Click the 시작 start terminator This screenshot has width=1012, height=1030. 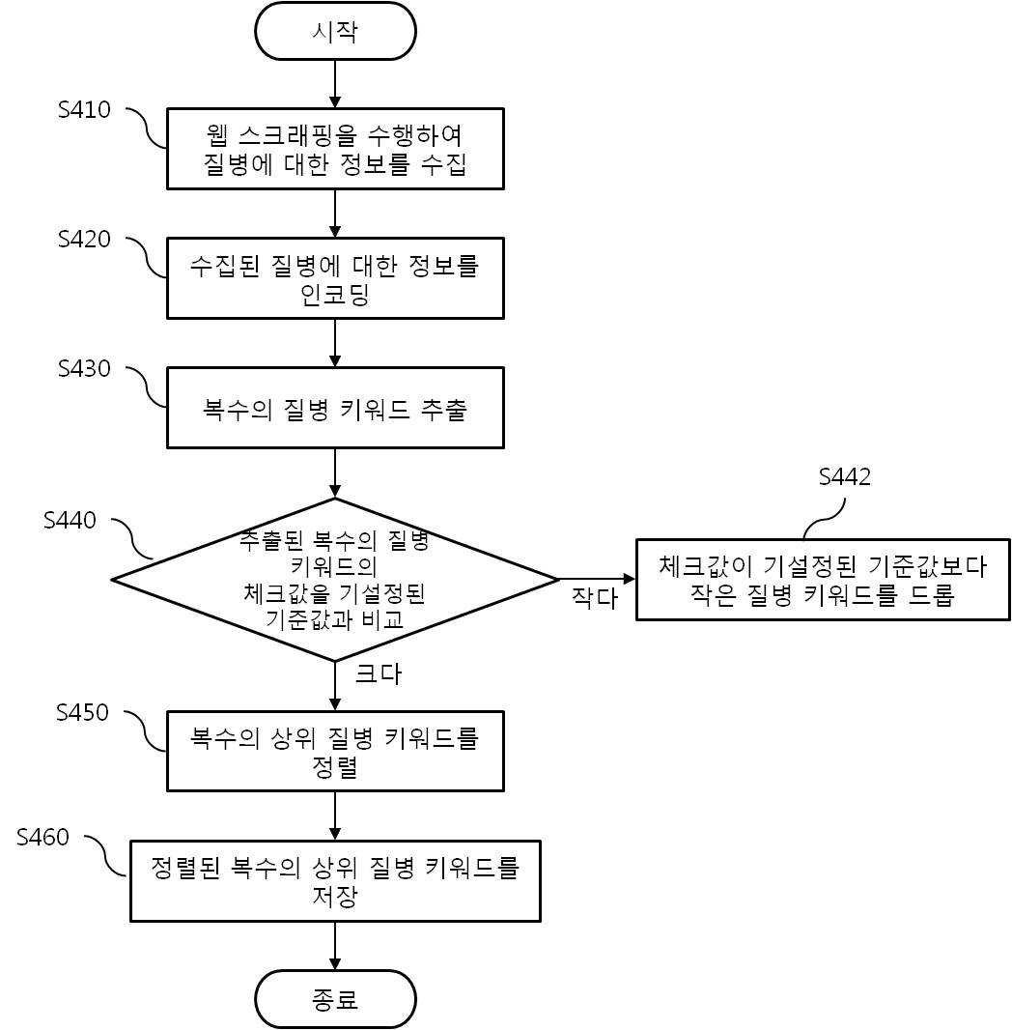pyautogui.click(x=335, y=31)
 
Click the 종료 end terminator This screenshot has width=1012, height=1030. pyautogui.click(x=335, y=999)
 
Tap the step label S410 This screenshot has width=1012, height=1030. pyautogui.click(x=84, y=110)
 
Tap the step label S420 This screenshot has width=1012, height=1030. pyautogui.click(x=84, y=240)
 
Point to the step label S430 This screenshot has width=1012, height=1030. pyautogui.click(x=84, y=369)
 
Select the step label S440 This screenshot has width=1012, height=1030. pyautogui.click(x=70, y=521)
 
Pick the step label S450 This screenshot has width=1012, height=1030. pyautogui.click(x=83, y=713)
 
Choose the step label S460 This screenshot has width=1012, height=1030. pyautogui.click(x=43, y=837)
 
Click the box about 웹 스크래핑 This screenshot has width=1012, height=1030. pyautogui.click(x=335, y=149)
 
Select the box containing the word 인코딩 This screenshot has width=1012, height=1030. pyautogui.click(x=335, y=278)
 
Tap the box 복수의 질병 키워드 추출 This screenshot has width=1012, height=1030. pyautogui.click(x=335, y=408)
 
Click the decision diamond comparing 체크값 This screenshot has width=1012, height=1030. pyautogui.click(x=335, y=580)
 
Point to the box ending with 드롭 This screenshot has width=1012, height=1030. pyautogui.click(x=823, y=580)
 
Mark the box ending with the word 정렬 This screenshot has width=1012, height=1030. pyautogui.click(x=335, y=752)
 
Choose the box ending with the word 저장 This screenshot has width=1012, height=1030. pyautogui.click(x=335, y=881)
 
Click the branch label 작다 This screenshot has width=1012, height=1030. pyautogui.click(x=594, y=597)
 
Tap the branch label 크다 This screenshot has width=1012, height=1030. pyautogui.click(x=378, y=673)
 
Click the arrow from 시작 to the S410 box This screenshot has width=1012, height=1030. pyautogui.click(x=335, y=84)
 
